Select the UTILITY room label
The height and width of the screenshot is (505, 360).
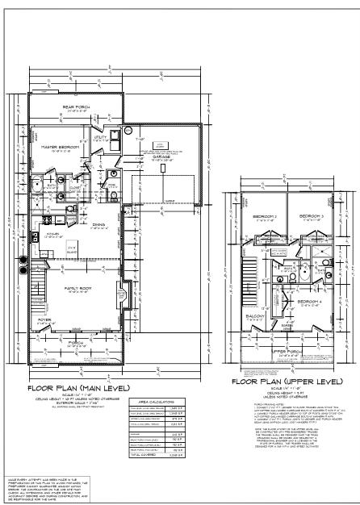(x=100, y=137)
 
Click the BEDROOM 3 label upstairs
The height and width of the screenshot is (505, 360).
(x=311, y=217)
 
